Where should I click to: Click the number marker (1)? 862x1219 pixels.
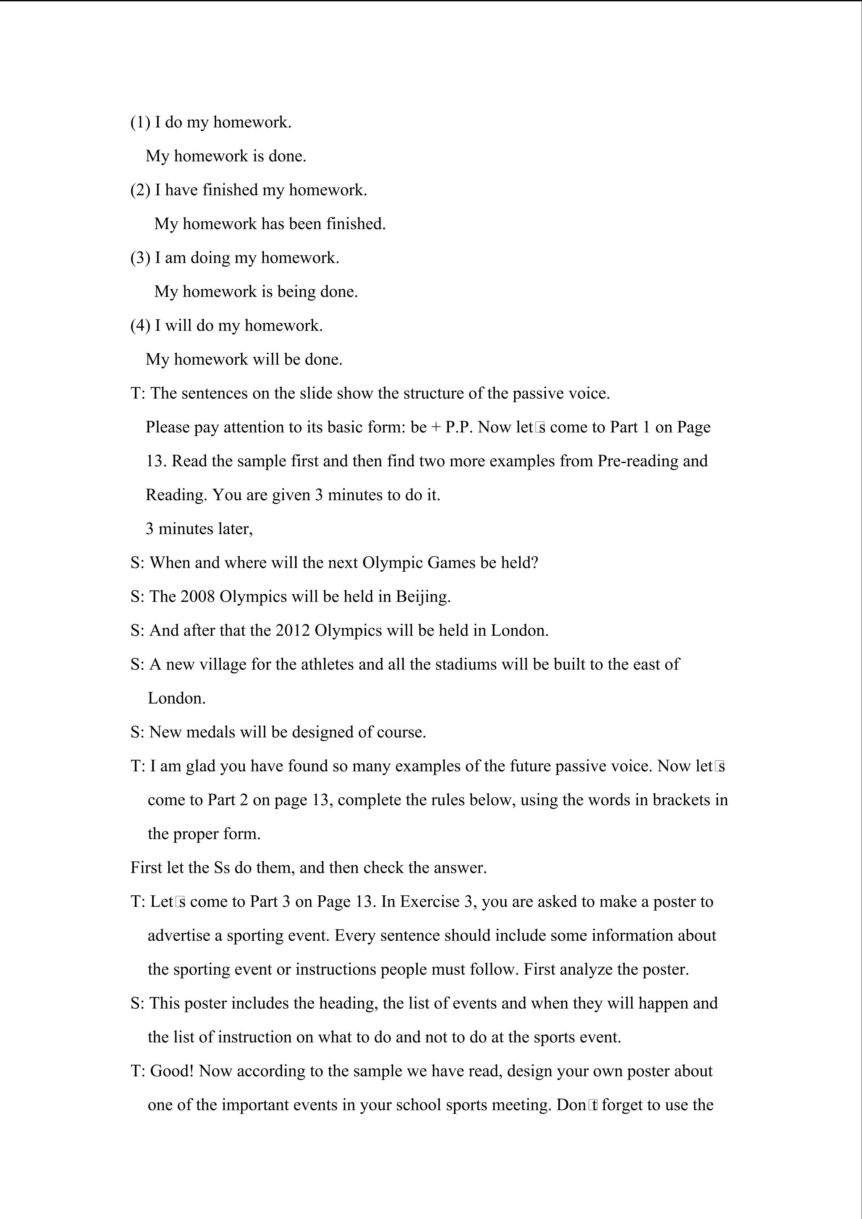pos(141,123)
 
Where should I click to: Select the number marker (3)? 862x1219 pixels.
pos(141,258)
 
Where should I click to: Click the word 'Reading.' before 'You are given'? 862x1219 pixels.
pos(177,495)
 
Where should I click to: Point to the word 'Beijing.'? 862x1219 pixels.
pos(423,597)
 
